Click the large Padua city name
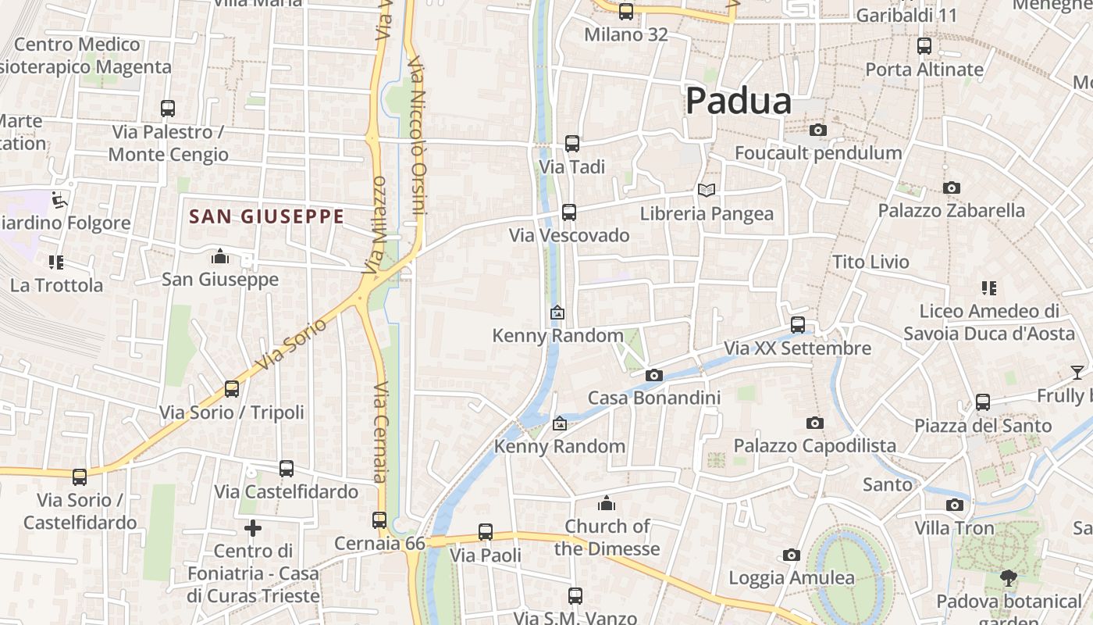pos(739,101)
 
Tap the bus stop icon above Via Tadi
pos(572,144)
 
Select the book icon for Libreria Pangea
pos(707,190)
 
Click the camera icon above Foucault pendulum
pos(818,130)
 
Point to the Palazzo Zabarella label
pos(951,210)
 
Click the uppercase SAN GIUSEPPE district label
pos(266,216)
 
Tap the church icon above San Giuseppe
pos(220,256)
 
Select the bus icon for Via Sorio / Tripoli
pos(232,389)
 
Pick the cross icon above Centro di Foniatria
pos(253,528)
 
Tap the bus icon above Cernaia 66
pos(379,520)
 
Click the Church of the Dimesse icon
pos(607,503)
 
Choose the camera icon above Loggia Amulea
pos(792,555)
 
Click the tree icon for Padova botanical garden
pos(1009,578)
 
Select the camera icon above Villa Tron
pos(955,505)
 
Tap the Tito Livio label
pos(870,262)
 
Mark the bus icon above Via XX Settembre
pos(798,325)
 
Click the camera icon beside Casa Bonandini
pos(654,376)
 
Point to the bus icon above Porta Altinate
pos(924,46)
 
